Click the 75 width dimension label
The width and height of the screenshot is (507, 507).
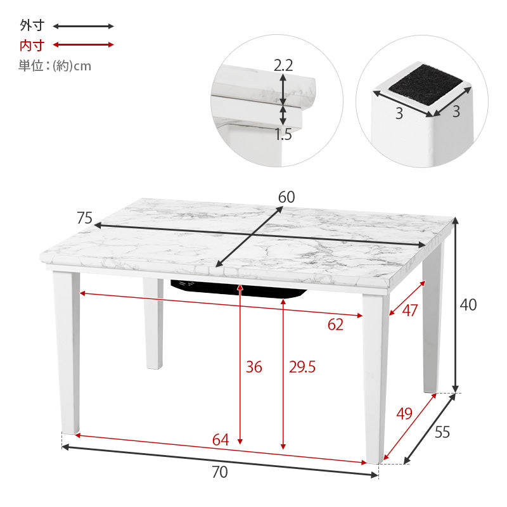(84, 219)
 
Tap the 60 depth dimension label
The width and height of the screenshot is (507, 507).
(286, 197)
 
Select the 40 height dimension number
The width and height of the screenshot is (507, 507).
(468, 305)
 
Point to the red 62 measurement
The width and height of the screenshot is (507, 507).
(335, 324)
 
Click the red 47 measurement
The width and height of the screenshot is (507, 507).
(410, 311)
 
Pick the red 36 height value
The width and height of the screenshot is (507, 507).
(254, 367)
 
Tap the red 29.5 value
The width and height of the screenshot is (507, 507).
(302, 367)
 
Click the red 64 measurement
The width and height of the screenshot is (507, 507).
(221, 439)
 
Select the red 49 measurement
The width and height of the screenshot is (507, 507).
(404, 414)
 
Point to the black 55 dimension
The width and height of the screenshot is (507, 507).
(442, 432)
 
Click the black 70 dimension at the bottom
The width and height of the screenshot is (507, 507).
(219, 472)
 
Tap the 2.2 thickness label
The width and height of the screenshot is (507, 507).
(283, 65)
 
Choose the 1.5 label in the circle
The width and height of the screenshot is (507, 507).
(283, 134)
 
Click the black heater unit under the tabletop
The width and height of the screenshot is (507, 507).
(238, 290)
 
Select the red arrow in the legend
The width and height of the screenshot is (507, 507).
(83, 45)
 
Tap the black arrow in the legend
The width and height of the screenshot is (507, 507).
(83, 27)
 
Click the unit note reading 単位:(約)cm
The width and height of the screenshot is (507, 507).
(55, 65)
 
